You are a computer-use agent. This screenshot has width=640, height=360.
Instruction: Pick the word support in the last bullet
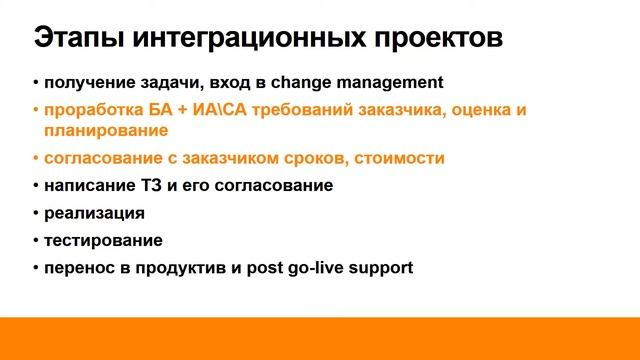385,268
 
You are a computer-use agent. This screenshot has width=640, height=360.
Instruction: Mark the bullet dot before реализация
35,213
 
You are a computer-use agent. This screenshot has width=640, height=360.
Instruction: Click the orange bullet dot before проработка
35,110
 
